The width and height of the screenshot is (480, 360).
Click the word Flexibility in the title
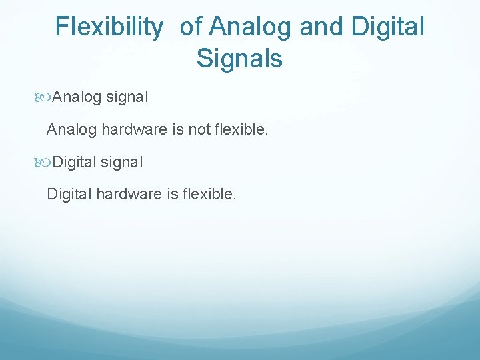click(x=109, y=27)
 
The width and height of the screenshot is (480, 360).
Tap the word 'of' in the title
click(x=191, y=27)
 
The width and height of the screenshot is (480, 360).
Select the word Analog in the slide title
click(x=251, y=27)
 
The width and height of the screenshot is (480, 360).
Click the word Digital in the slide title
click(x=387, y=27)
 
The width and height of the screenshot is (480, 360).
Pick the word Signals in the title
click(x=239, y=59)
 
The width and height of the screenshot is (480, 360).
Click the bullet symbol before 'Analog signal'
click(x=45, y=97)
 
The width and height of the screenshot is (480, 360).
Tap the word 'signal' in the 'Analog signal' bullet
click(x=125, y=97)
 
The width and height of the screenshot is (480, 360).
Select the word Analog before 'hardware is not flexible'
click(x=71, y=129)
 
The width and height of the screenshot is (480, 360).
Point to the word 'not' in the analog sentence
click(x=199, y=129)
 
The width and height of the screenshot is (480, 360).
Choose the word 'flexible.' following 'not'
click(x=241, y=129)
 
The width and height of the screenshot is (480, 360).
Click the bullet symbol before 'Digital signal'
click(x=45, y=162)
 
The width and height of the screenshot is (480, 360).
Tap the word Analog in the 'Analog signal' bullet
click(x=76, y=97)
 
